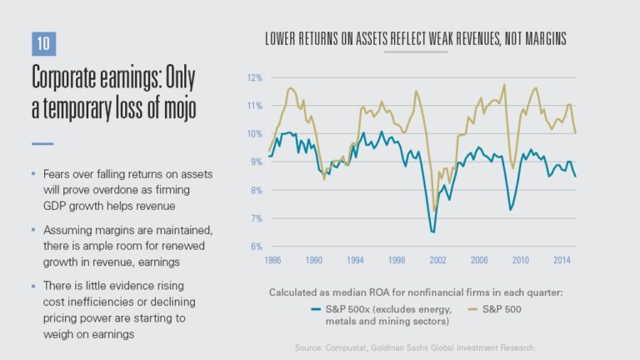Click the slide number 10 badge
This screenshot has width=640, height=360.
pyautogui.click(x=42, y=46)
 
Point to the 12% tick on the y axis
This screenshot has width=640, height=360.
pyautogui.click(x=254, y=77)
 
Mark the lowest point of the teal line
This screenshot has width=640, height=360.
pyautogui.click(x=433, y=232)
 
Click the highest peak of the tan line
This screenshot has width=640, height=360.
pyautogui.click(x=504, y=84)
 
